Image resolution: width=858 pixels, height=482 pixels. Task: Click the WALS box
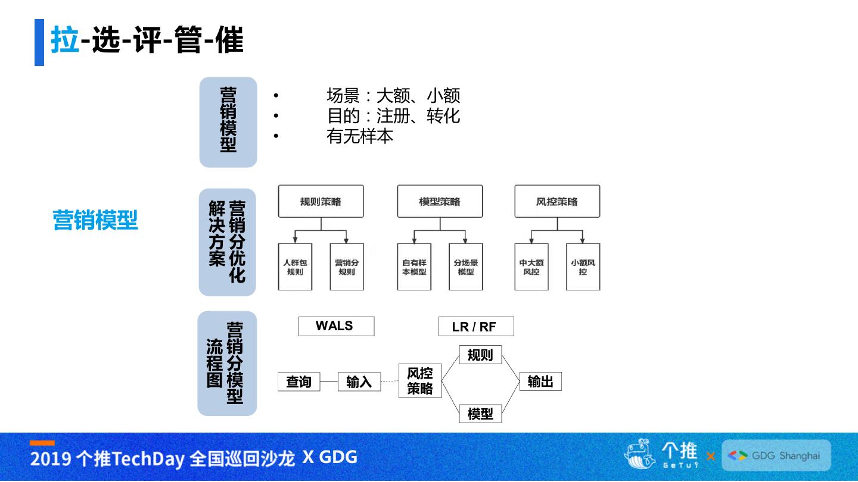point(336,326)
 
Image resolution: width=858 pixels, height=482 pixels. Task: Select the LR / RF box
point(475,327)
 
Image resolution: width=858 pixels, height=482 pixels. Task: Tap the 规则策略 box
point(321,201)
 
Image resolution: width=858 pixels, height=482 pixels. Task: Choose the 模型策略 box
point(440,201)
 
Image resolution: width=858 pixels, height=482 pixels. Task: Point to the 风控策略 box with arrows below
point(557,201)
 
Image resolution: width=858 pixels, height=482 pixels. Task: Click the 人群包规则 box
point(295,267)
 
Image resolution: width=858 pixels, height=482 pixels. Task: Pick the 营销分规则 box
point(347,267)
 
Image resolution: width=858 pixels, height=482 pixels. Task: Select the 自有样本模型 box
point(414,267)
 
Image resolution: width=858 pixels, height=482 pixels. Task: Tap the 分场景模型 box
point(466,267)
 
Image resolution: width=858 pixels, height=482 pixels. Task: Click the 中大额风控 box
point(531,267)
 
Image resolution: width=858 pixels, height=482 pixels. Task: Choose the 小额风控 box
point(583,267)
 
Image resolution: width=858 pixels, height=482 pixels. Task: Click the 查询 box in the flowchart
point(299,381)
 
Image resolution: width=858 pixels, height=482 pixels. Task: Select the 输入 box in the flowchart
point(359,381)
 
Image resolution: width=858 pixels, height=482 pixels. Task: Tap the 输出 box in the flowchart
point(540,381)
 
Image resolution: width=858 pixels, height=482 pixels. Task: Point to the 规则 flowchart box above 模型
point(480,355)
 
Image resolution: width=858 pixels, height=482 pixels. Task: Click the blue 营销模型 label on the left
point(95,220)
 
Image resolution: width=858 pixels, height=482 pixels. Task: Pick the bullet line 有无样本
point(360,136)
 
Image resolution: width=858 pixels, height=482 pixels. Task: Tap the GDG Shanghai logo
point(776,456)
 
